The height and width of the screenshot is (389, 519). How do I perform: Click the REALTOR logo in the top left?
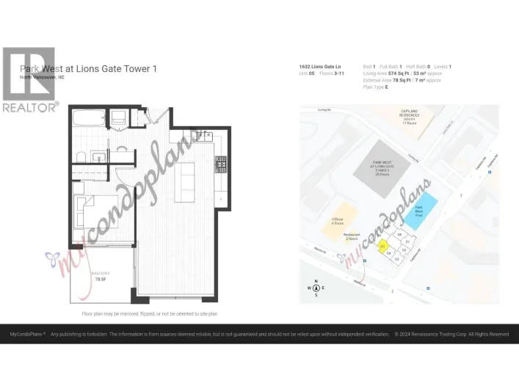point(29,79)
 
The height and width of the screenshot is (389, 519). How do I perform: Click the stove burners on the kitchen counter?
point(219,164)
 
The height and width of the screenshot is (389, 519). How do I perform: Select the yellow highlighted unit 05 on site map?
point(382,247)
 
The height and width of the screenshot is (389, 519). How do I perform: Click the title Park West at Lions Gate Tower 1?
point(88,68)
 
